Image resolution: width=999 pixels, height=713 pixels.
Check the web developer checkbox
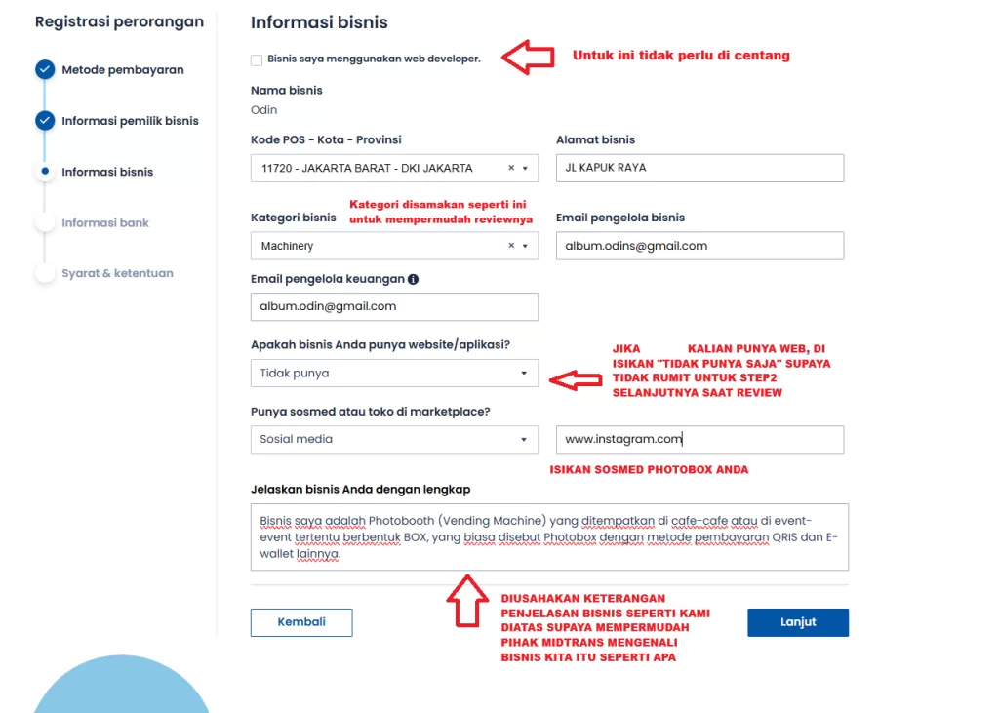(x=257, y=59)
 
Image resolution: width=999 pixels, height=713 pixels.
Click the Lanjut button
(x=798, y=622)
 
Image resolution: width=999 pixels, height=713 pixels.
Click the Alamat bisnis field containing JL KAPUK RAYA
(x=699, y=168)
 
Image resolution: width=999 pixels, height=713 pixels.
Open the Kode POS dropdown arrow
(x=526, y=168)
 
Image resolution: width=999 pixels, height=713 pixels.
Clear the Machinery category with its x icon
(x=511, y=246)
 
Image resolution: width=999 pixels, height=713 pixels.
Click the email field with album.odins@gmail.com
(x=699, y=246)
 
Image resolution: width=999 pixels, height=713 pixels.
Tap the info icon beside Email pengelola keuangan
(x=413, y=279)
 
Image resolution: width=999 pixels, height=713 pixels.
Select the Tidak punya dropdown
(x=394, y=373)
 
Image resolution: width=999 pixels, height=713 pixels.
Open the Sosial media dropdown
(x=394, y=439)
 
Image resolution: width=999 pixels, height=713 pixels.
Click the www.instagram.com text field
(x=699, y=439)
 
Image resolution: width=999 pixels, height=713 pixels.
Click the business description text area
(x=549, y=536)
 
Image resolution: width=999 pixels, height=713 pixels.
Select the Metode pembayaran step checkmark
(x=44, y=70)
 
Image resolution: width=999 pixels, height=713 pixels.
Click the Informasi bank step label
(x=105, y=223)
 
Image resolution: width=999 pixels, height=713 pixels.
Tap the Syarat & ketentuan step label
(x=117, y=274)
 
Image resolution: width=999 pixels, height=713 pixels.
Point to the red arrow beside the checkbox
(x=528, y=57)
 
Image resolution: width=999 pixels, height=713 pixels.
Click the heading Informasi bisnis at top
(x=319, y=22)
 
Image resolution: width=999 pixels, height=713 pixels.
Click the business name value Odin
(x=263, y=110)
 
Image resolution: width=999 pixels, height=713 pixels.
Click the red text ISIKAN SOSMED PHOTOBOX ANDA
(x=649, y=470)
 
